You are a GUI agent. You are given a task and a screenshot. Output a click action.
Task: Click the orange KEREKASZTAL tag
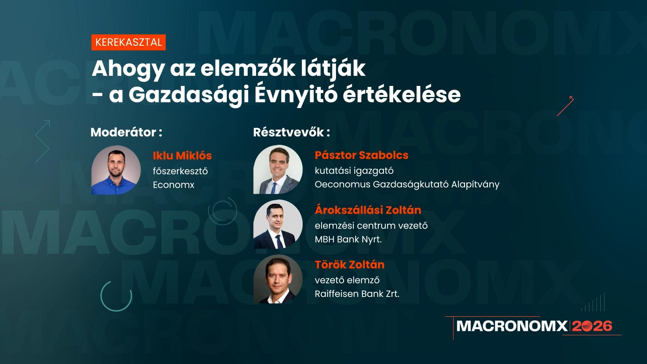tap(128, 42)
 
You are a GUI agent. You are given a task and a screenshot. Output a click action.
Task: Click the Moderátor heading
tap(126, 132)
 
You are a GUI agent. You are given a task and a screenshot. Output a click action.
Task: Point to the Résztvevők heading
tap(291, 132)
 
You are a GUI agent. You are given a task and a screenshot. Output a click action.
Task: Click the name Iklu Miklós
tap(182, 156)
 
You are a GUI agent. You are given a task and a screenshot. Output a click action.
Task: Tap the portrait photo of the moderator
tap(116, 170)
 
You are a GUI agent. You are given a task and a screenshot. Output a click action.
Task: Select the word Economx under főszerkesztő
tap(174, 185)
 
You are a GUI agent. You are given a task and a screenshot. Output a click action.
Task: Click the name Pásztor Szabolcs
tap(361, 155)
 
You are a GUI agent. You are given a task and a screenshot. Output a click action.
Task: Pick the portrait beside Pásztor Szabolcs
tap(278, 170)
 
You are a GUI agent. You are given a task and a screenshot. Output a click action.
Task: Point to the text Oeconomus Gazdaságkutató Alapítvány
tap(407, 185)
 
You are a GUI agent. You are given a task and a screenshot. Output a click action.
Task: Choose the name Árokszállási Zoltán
tap(368, 210)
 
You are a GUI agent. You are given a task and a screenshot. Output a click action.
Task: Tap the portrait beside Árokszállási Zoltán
tap(278, 224)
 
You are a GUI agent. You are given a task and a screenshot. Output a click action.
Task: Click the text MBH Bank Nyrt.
tap(348, 240)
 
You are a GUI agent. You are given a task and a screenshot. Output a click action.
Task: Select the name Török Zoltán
tap(349, 265)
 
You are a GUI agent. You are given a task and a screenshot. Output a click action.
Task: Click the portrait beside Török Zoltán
tap(278, 279)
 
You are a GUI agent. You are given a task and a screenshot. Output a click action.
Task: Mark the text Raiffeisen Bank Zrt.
tap(357, 294)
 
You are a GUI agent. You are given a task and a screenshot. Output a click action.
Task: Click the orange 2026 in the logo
tap(592, 326)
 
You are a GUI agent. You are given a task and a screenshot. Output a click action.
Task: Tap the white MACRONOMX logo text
tap(512, 326)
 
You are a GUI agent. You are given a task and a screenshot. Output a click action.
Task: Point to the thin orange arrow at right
tap(565, 106)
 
